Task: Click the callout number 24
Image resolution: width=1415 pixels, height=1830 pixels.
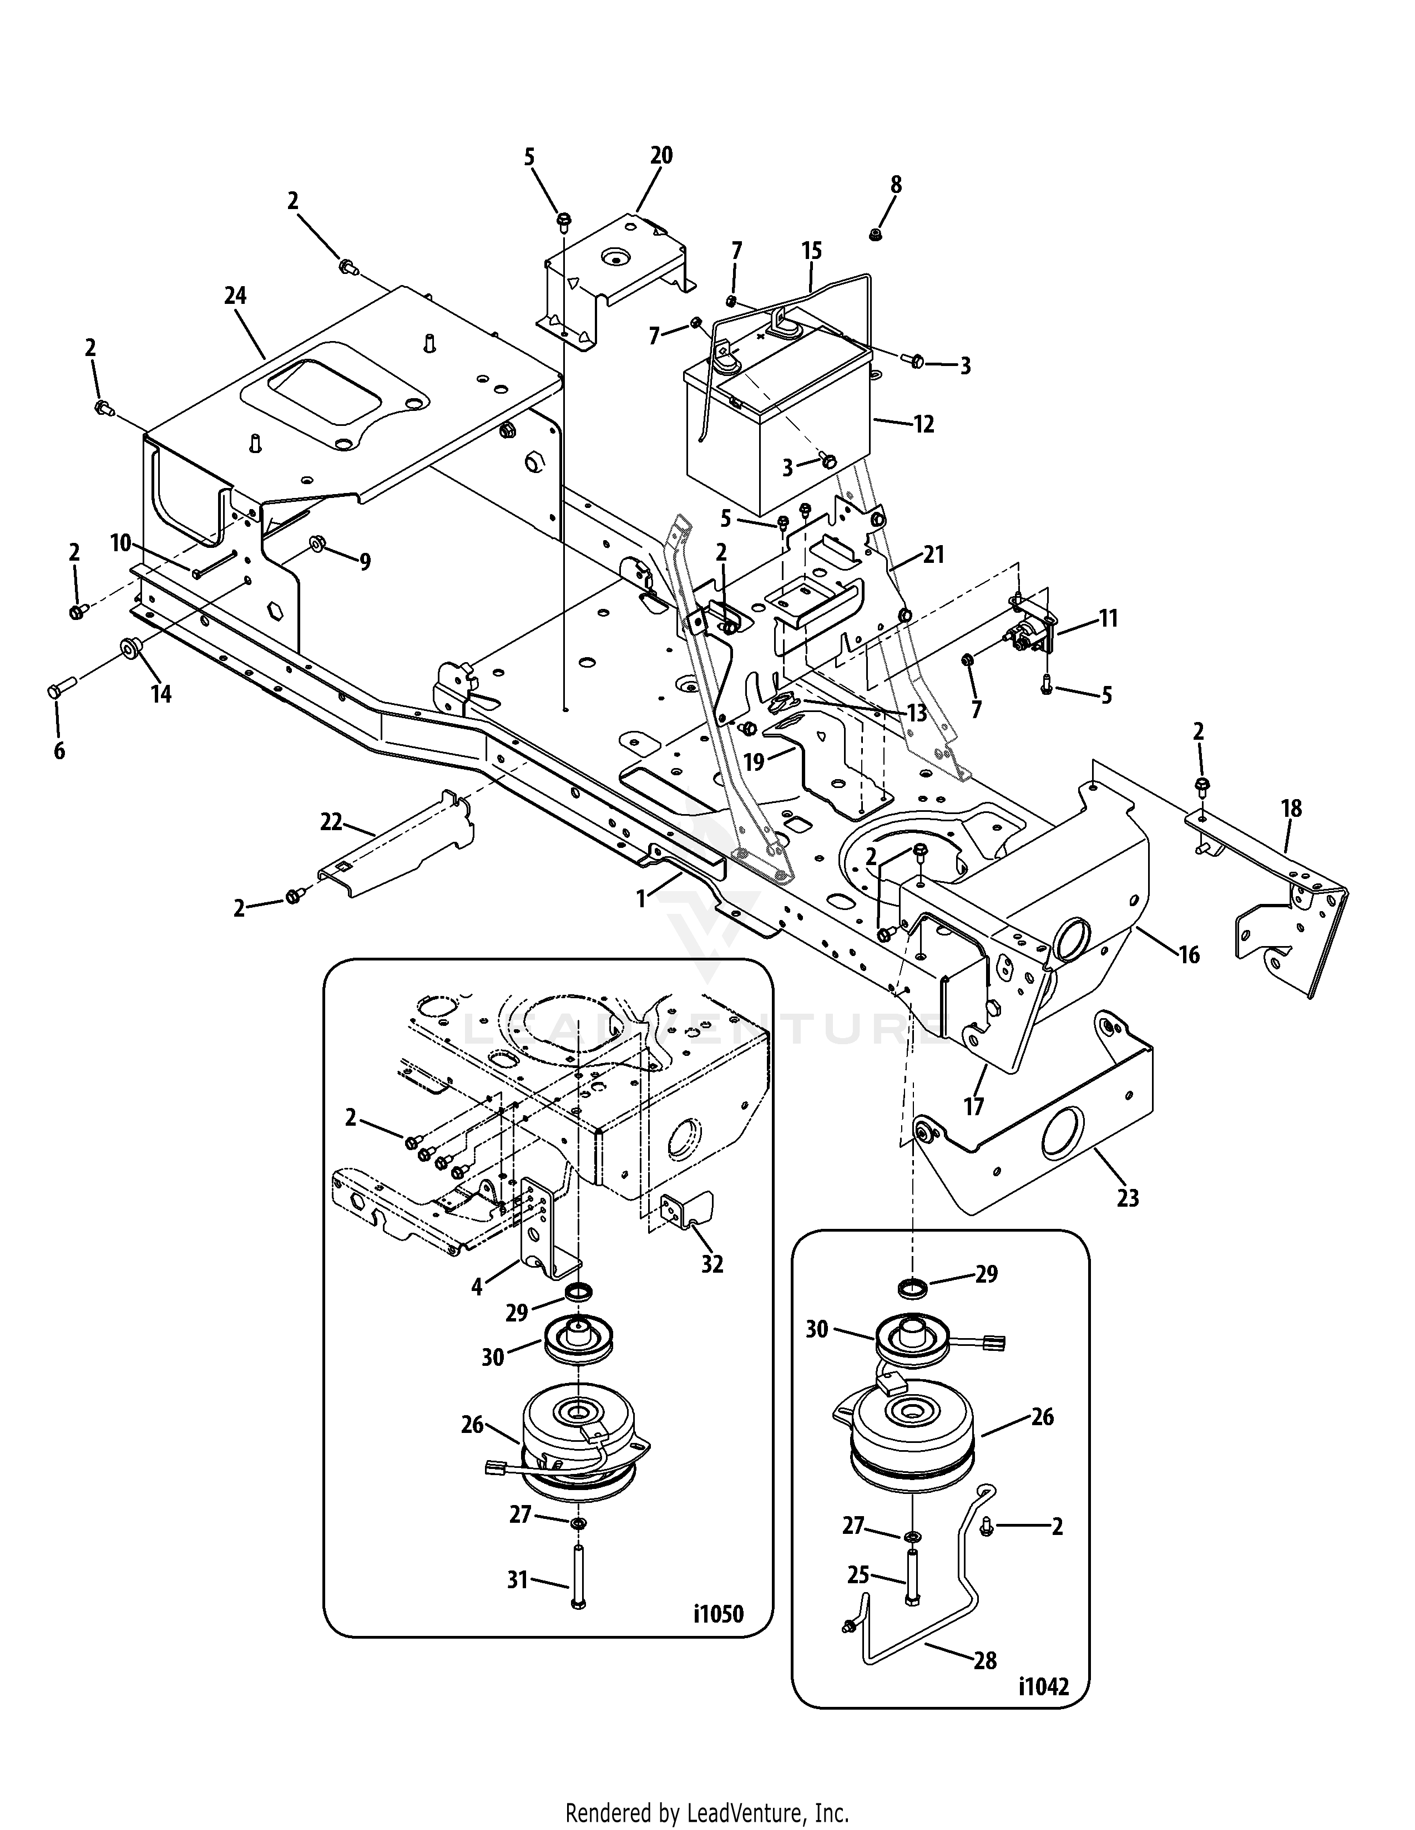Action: click(235, 296)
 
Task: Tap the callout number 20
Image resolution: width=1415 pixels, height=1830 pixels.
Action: click(661, 156)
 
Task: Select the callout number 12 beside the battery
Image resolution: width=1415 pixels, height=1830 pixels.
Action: click(923, 424)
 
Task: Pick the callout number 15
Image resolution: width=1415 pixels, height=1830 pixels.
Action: click(811, 251)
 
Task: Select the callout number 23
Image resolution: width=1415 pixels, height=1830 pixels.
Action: click(1128, 1198)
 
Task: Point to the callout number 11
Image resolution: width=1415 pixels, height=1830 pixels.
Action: click(1109, 619)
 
